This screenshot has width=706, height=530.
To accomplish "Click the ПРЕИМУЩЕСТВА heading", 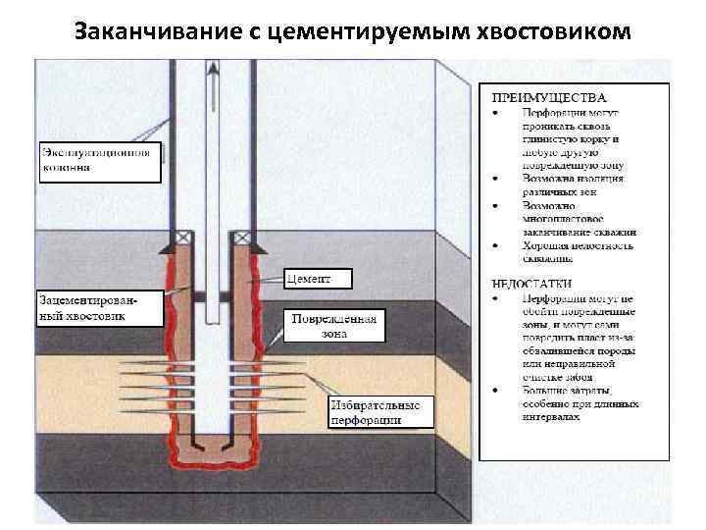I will [x=548, y=98].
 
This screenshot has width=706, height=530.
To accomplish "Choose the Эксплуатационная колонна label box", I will [x=98, y=160].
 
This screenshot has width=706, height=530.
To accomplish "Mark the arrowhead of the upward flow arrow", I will [x=212, y=68].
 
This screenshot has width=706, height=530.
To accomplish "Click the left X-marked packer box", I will [x=183, y=237].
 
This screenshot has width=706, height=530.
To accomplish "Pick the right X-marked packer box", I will [x=238, y=237].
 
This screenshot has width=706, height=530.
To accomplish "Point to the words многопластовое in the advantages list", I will [x=564, y=219].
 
